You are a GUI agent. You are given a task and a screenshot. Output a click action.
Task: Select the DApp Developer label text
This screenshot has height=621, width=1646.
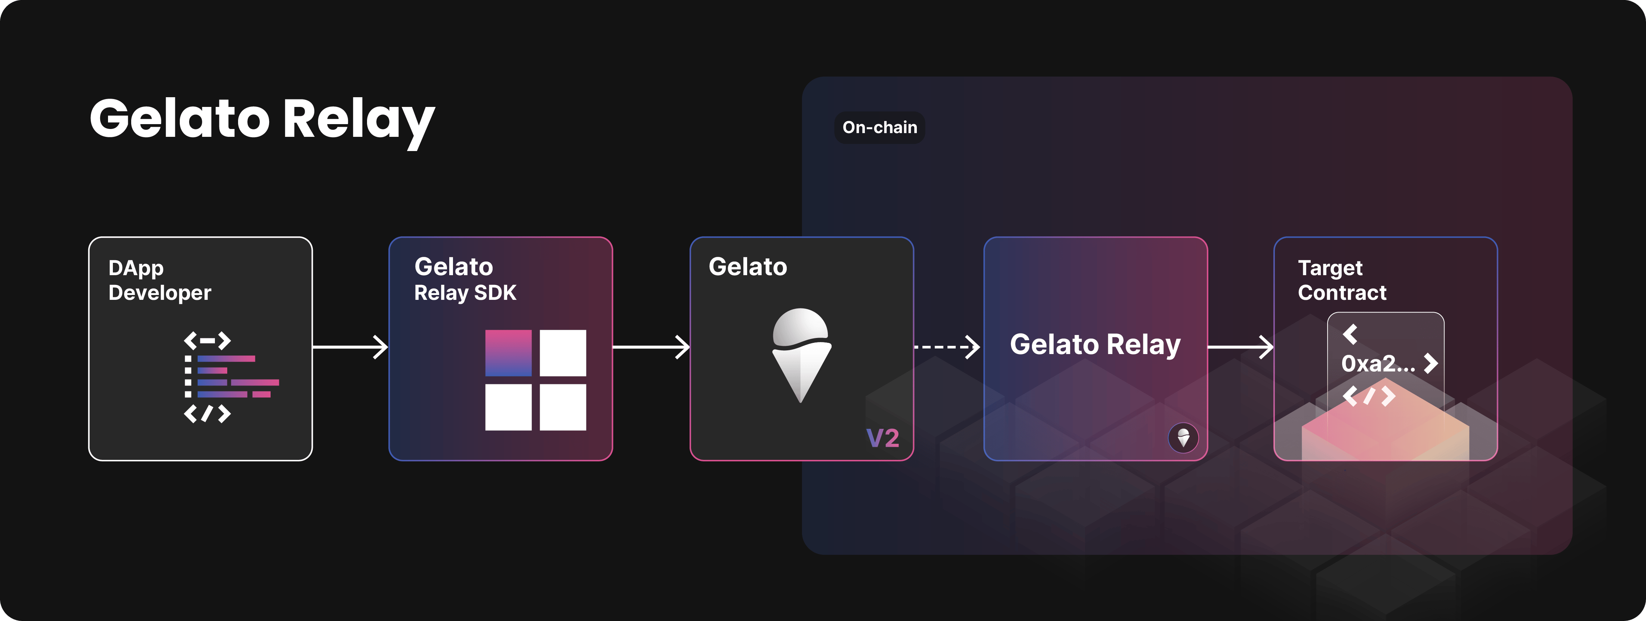pyautogui.click(x=160, y=280)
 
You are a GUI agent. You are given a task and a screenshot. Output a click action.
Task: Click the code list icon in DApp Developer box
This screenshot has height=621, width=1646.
pyautogui.click(x=231, y=377)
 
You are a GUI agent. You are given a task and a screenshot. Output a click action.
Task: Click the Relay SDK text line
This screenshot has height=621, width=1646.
pyautogui.click(x=465, y=293)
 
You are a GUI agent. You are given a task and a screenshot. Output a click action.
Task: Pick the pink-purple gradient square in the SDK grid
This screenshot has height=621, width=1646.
pyautogui.click(x=508, y=353)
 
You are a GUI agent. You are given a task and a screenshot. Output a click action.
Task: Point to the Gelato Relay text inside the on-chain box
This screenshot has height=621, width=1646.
pyautogui.click(x=1095, y=345)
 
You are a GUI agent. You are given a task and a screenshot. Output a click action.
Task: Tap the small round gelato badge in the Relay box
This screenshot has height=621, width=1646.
pyautogui.click(x=1183, y=438)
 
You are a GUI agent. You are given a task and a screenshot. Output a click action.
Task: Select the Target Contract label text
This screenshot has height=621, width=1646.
pyautogui.click(x=1342, y=280)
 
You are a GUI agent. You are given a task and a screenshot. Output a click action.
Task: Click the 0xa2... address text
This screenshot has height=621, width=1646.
pyautogui.click(x=1378, y=363)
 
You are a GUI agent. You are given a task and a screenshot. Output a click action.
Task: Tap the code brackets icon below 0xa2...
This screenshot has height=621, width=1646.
pyautogui.click(x=1369, y=396)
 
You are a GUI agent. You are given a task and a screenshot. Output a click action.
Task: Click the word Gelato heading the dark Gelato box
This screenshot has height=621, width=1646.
pyautogui.click(x=748, y=267)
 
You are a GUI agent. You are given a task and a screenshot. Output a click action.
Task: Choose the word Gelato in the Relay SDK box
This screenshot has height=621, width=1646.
pyautogui.click(x=454, y=267)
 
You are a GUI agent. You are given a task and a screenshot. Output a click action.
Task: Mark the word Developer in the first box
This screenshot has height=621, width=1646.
pyautogui.click(x=160, y=293)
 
